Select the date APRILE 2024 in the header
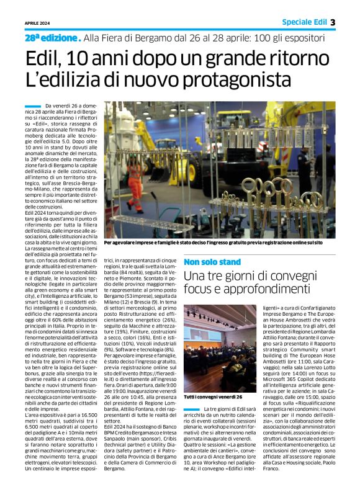point(37,23)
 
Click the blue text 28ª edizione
point(52,38)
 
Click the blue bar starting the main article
point(33,107)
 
